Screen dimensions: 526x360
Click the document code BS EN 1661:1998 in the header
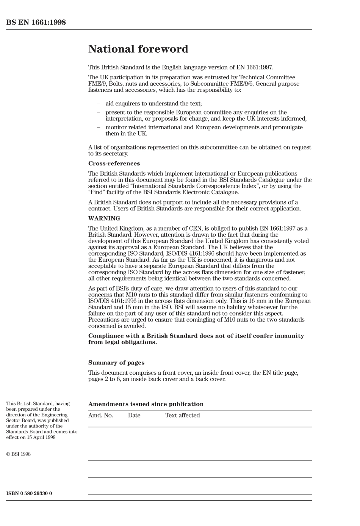click(x=36, y=22)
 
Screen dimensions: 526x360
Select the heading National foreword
click(x=138, y=49)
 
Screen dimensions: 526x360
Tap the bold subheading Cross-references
click(x=114, y=163)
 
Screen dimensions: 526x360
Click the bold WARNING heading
click(x=104, y=218)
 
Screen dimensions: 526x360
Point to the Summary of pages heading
click(x=116, y=363)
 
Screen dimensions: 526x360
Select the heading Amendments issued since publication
click(x=146, y=404)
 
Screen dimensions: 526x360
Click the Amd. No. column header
click(x=100, y=415)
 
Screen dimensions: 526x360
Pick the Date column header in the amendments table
click(x=134, y=415)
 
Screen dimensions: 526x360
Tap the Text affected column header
click(x=182, y=415)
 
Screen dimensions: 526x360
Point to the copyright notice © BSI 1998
click(x=18, y=454)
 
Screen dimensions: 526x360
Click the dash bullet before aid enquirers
click(x=99, y=104)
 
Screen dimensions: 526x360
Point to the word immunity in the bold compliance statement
click(x=291, y=336)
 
